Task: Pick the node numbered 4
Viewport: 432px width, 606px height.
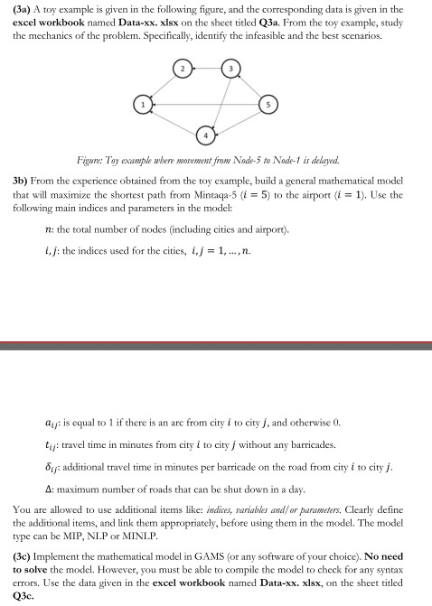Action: point(207,136)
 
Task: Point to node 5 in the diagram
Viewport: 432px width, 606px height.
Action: point(268,105)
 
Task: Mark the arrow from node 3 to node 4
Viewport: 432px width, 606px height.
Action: point(220,100)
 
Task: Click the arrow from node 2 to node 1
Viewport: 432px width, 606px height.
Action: point(163,87)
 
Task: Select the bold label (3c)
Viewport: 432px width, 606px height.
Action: point(24,550)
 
